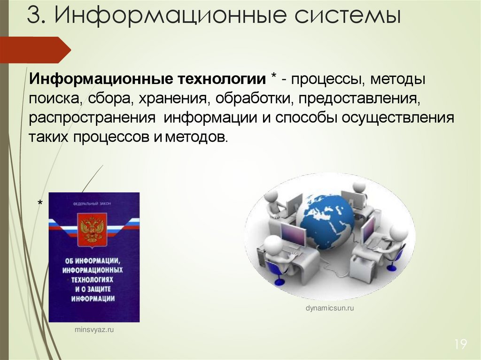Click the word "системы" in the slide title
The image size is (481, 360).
click(x=348, y=17)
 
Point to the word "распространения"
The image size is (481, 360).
click(x=92, y=117)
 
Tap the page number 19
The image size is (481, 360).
click(x=460, y=345)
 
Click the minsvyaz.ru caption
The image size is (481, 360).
click(x=94, y=330)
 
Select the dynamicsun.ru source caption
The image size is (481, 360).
click(x=329, y=308)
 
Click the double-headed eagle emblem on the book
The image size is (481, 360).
click(x=93, y=230)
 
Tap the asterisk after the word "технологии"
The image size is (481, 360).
click(x=273, y=78)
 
